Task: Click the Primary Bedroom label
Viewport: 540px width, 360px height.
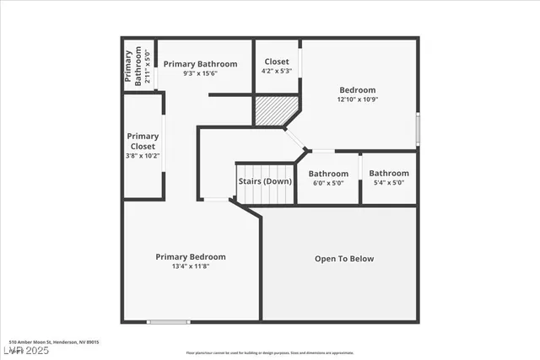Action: pos(191,256)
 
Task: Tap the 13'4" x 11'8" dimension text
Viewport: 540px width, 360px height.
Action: pos(191,266)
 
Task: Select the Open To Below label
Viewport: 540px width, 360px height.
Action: pos(343,259)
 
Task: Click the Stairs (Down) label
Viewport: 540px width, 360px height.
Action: pos(265,181)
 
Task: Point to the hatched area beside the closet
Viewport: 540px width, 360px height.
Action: pos(277,110)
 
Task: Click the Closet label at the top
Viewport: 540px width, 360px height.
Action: pos(277,62)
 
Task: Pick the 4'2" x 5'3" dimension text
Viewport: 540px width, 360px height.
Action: pos(277,72)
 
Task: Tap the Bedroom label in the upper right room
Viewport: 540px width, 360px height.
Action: pos(358,90)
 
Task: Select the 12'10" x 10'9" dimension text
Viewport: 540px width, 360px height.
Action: pos(358,99)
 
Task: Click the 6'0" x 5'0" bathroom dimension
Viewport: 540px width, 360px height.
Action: pos(328,183)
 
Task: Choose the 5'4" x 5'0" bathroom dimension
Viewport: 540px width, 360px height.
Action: pos(388,183)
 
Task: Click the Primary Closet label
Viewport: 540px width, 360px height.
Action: pos(143,141)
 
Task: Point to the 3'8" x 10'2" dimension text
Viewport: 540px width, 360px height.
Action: pos(143,156)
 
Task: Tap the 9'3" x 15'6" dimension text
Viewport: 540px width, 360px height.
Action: pos(200,74)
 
